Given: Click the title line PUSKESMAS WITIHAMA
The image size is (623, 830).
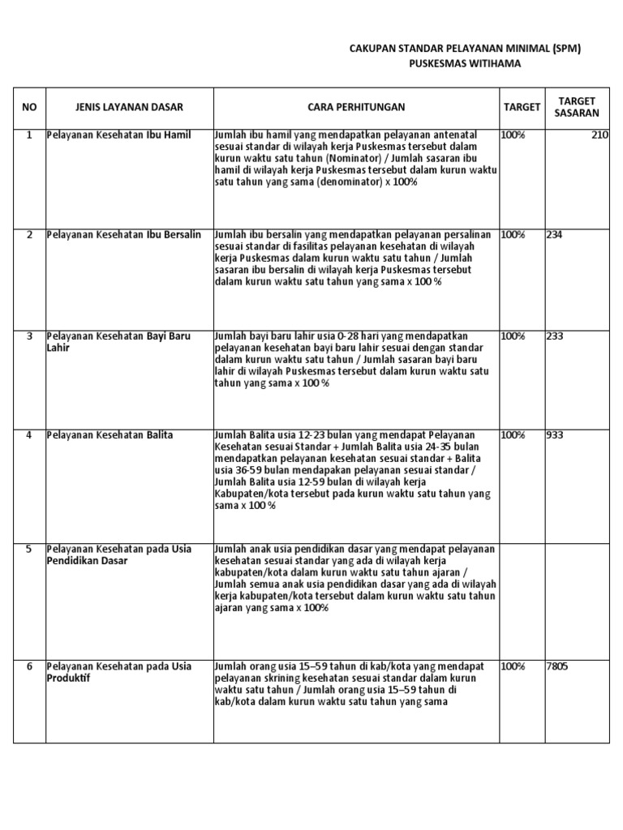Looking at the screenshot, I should [x=464, y=64].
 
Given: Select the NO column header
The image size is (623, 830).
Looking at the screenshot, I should [x=29, y=106].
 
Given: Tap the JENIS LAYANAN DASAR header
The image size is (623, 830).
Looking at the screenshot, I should [x=130, y=106].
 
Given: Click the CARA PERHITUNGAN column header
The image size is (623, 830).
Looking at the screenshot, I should [x=356, y=106].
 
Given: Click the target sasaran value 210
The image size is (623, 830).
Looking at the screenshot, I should [x=599, y=135].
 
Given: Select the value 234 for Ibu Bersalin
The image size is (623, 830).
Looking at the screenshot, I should [x=556, y=234].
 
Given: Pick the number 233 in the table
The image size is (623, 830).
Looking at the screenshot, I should [x=556, y=335].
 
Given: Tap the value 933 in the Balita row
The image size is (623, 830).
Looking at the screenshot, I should [x=556, y=435].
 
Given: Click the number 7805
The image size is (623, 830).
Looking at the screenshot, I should [x=558, y=666].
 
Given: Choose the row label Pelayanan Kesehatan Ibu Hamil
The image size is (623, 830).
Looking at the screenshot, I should [x=119, y=135].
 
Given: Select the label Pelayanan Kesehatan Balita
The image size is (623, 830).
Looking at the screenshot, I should [x=110, y=435].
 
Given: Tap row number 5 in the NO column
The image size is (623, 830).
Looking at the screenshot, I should [x=29, y=549].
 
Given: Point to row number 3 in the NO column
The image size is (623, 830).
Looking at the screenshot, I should [x=29, y=335].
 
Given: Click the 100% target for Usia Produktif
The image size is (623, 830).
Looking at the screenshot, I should [x=513, y=666].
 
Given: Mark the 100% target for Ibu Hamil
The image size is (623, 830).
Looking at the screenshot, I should [x=513, y=135].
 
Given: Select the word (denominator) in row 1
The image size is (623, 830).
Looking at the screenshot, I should [x=346, y=183].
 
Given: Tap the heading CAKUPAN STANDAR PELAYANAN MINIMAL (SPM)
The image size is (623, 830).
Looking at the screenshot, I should [x=465, y=49].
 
